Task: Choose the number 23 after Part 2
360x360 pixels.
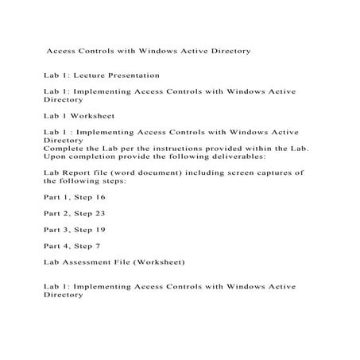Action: [x=101, y=213]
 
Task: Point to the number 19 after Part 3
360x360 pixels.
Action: [x=101, y=230]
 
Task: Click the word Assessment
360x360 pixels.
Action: [x=88, y=261]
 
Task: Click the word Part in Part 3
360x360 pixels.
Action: [x=53, y=230]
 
